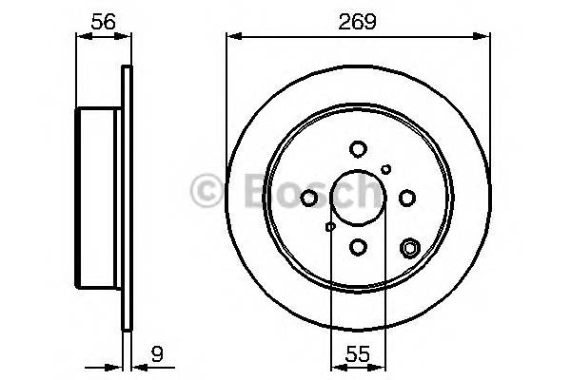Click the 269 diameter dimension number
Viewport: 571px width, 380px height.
(x=357, y=19)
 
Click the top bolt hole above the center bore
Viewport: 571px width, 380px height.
(x=358, y=148)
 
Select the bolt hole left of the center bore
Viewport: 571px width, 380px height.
(x=309, y=197)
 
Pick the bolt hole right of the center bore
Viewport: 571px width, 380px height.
(x=407, y=197)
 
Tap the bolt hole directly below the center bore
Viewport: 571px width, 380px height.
(x=358, y=246)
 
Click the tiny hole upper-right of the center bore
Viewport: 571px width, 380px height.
(x=385, y=169)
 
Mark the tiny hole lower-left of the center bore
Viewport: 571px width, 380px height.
(x=330, y=226)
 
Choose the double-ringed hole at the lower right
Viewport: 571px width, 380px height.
(x=410, y=249)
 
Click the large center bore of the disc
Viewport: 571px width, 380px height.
(x=358, y=197)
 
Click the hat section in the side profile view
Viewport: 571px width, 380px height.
(x=98, y=197)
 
